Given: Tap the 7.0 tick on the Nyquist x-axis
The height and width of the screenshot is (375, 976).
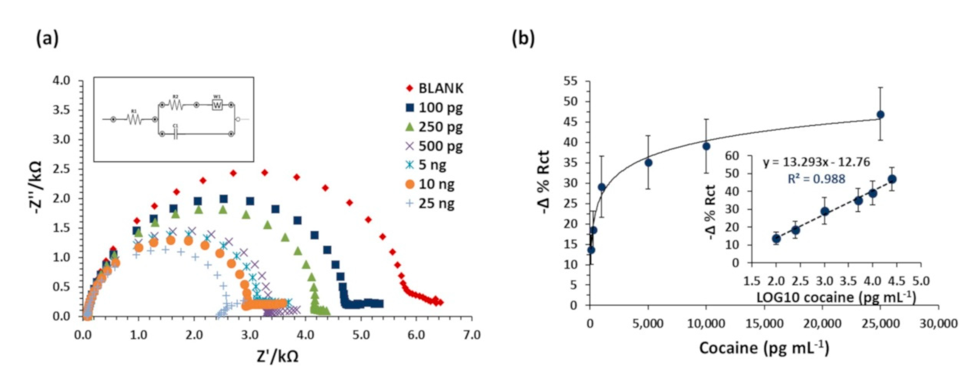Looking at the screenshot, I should pos(471,335).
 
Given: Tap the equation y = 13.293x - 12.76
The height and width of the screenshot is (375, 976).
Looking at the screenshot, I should pos(817,162).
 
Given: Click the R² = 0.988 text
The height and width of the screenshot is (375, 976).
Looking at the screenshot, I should pos(817,178).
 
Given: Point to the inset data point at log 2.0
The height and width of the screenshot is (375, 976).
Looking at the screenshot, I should pos(776,239).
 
